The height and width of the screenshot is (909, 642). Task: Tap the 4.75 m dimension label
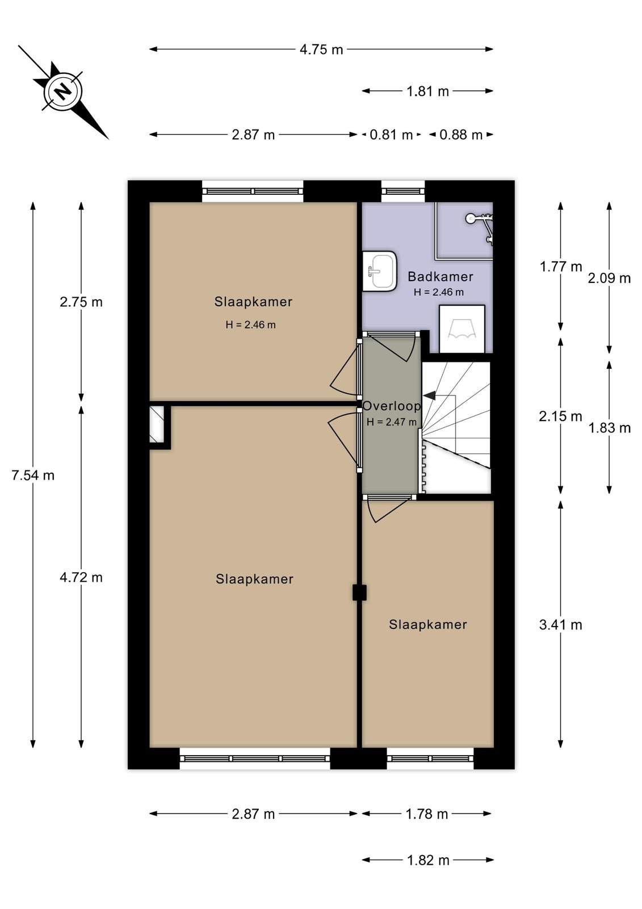(321, 49)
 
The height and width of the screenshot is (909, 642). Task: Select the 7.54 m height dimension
(33, 475)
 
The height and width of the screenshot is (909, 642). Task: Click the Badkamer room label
(440, 277)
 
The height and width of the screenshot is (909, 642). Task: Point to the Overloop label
(391, 406)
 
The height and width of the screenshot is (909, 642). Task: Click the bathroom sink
(379, 270)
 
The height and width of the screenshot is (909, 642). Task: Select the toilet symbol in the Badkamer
(462, 329)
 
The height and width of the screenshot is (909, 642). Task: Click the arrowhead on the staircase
(429, 395)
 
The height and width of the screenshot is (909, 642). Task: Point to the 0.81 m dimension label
(391, 135)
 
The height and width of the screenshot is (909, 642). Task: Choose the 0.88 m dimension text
(461, 135)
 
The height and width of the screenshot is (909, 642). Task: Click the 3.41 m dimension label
(560, 624)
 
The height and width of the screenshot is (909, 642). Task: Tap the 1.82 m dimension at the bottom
(428, 860)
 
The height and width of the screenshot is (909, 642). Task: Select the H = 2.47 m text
(391, 422)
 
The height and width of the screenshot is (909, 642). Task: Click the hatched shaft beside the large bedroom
(157, 424)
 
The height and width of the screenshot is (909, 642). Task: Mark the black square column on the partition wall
(359, 593)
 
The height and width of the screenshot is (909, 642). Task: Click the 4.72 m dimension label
(81, 577)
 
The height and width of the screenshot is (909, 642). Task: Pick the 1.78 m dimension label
(427, 814)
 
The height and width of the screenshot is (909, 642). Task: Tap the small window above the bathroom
(402, 191)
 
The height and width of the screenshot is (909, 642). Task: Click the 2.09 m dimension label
(609, 278)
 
